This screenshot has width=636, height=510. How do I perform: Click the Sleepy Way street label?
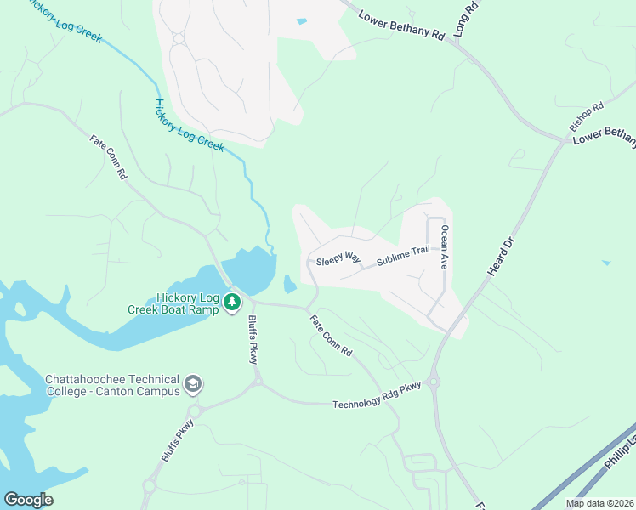(338, 258)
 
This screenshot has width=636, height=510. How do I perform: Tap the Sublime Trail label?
(404, 254)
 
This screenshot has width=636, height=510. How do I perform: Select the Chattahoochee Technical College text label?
(112, 385)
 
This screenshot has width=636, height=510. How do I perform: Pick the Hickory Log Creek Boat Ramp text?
(173, 303)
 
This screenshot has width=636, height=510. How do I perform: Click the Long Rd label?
(465, 18)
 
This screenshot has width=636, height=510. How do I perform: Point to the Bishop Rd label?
(586, 116)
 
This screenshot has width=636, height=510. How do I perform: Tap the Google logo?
(28, 500)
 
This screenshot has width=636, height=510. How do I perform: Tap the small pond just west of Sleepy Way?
(290, 284)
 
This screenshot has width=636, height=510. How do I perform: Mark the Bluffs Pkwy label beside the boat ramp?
(253, 340)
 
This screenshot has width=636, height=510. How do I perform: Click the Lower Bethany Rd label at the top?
(401, 26)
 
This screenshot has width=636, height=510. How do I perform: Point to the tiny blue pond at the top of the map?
(301, 21)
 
